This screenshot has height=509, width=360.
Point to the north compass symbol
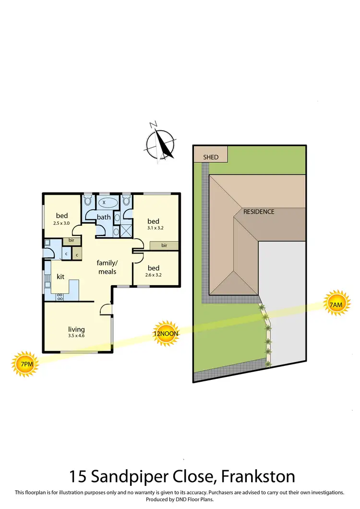(160, 141)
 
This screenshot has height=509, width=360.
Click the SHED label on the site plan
(211, 157)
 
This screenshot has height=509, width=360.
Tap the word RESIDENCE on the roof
(259, 211)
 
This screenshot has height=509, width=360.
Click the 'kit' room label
(60, 277)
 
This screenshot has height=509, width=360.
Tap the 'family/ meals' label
(107, 267)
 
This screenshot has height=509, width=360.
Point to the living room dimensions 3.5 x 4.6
(76, 336)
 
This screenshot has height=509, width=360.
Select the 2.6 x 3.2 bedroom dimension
(154, 275)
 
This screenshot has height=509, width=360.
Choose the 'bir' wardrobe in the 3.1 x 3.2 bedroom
(164, 245)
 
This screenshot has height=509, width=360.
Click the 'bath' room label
(104, 217)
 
